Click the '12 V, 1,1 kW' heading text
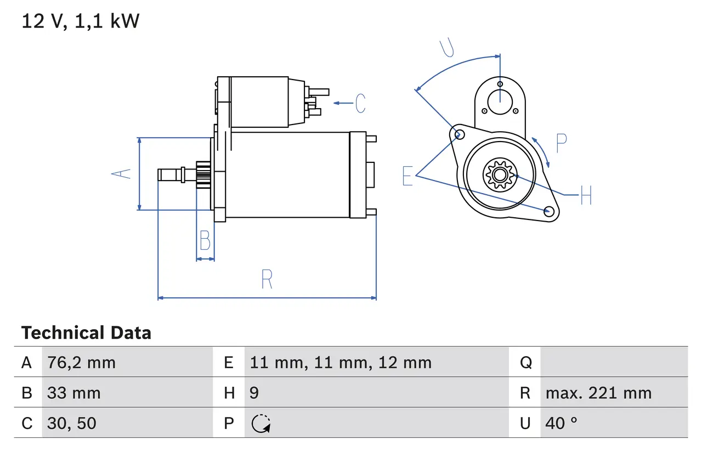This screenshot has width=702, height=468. pos(81,21)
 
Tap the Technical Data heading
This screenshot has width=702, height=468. pos(86,333)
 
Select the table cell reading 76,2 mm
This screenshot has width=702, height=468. pos(81,363)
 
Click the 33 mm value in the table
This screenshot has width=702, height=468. pos(73,393)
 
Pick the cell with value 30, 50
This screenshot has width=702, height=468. pos(71,423)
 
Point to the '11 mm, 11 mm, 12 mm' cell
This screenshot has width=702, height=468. pos(341,363)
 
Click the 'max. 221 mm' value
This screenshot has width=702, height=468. pos(598,393)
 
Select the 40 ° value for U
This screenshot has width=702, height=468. pos(561,423)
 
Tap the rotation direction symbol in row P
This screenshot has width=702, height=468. pos(261,424)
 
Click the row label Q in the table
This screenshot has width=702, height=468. pos(525,363)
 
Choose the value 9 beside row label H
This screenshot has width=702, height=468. pos(254,393)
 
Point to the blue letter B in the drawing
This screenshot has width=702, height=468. pos(205,240)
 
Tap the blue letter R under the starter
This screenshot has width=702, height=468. pos(267,279)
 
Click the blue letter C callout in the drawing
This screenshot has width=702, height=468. pos(360,103)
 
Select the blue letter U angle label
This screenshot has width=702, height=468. pos(448,48)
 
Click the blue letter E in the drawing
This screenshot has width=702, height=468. pos(407,176)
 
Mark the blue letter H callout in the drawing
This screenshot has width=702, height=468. pos(586,195)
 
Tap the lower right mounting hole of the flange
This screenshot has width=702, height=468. pos(548,211)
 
